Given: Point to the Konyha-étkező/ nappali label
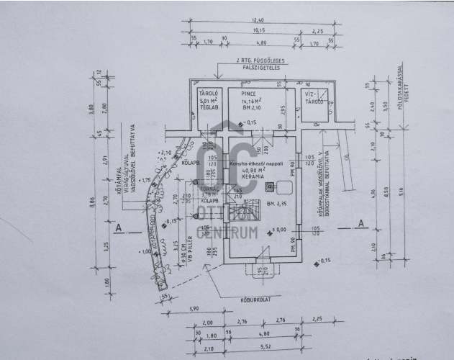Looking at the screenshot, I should point(253,164).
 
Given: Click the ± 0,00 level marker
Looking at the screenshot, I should point(276,230).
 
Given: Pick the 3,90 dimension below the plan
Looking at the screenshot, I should point(192,307).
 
